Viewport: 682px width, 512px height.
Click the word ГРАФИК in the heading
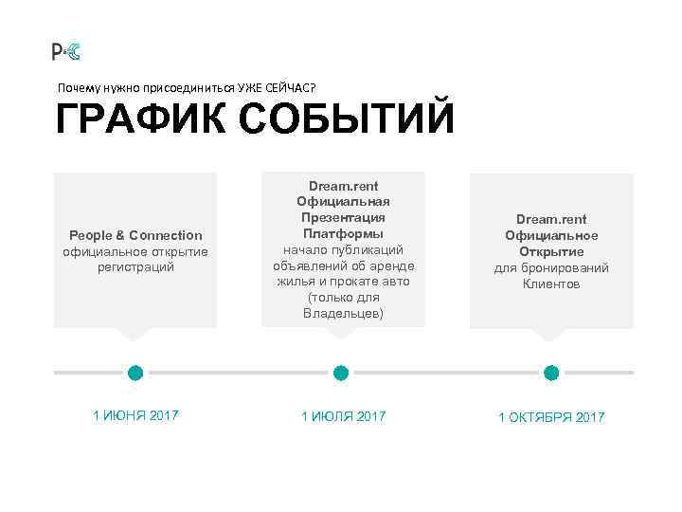(x=138, y=121)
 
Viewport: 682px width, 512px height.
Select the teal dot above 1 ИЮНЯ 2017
(x=135, y=373)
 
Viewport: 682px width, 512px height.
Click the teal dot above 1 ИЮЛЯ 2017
(x=341, y=373)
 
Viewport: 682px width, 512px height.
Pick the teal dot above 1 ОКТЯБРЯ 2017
(x=550, y=373)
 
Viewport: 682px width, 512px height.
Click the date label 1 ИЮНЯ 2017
(x=135, y=415)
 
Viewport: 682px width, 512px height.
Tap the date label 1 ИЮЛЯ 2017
(x=343, y=416)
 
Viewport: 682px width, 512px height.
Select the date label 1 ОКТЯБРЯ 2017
(x=551, y=417)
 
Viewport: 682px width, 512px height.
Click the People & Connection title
(x=135, y=235)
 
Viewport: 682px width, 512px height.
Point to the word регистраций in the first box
(x=135, y=267)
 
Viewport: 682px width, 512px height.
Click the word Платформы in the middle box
(x=343, y=233)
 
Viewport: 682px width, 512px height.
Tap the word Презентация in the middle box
(x=343, y=217)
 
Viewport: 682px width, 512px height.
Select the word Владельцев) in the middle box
(x=343, y=314)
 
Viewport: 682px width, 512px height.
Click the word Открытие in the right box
(x=551, y=251)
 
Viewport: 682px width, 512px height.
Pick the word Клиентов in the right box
(x=551, y=283)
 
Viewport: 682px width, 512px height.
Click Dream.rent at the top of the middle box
(x=343, y=186)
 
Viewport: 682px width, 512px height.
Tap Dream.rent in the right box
(x=551, y=219)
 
